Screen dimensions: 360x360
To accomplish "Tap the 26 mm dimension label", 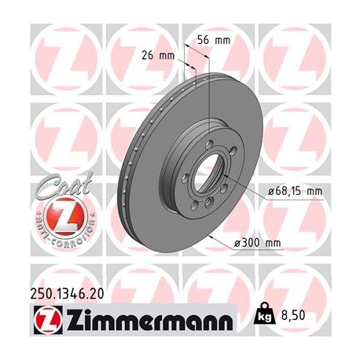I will click(x=161, y=55).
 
